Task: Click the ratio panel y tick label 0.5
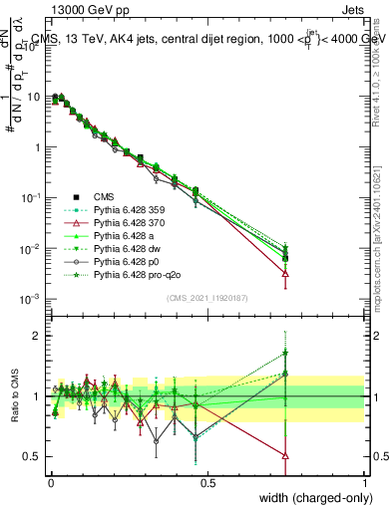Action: tap(33, 457)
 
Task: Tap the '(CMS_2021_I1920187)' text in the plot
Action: tap(206, 298)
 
